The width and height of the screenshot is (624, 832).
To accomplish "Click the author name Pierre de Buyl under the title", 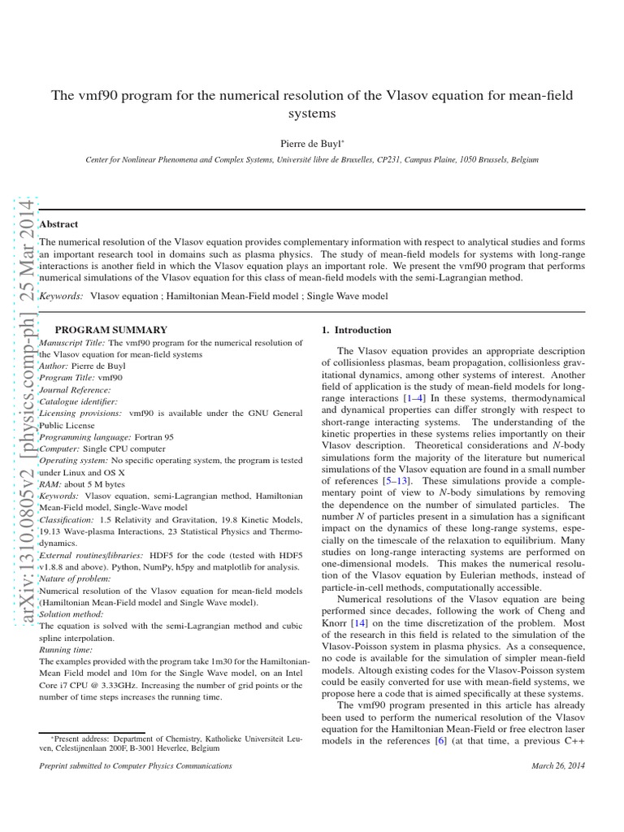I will click(x=311, y=142).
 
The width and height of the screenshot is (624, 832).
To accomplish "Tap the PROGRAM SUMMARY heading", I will click(x=110, y=330).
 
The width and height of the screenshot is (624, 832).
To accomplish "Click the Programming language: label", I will click(x=75, y=437).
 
